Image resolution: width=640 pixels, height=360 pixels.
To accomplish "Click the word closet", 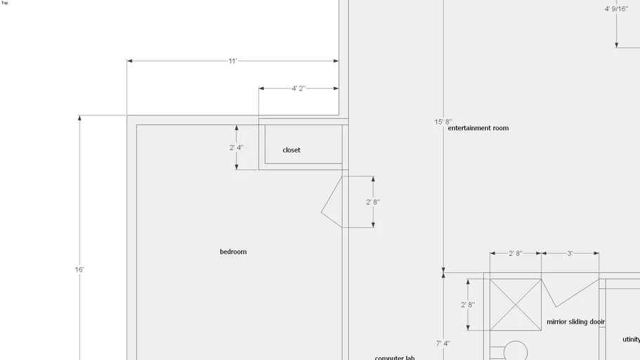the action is coord(291,150).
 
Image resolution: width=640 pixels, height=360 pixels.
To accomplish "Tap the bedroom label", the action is coord(233,252).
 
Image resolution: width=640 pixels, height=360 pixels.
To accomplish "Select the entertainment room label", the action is coord(478,128).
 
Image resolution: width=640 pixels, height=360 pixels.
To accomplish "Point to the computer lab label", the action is coord(395,357).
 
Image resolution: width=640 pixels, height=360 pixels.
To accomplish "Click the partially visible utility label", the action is coord(631,340).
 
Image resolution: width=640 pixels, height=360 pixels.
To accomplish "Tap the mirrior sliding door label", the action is coord(575,321).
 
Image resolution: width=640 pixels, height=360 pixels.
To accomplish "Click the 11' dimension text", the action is coord(233,61).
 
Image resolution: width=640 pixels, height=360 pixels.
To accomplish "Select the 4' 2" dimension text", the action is coord(298,89).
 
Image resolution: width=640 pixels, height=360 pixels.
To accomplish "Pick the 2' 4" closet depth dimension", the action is coord(236,148).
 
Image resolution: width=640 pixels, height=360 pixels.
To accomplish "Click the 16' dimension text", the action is coord(79,269).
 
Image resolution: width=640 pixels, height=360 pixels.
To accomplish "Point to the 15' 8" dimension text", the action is coord(443,122).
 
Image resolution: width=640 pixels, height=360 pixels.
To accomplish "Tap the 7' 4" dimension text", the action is coord(443,344).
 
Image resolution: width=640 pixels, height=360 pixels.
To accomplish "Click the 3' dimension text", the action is coord(570,253).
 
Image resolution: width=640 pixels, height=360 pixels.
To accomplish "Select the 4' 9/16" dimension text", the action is coord(616,9).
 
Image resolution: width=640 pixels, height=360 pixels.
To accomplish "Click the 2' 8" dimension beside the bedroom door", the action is coord(373,202).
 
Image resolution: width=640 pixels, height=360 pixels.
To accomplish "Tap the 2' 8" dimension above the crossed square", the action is coord(516,253).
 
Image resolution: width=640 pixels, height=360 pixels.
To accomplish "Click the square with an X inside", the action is coord(516,304).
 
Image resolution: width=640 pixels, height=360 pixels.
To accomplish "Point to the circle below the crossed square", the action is coord(516,351).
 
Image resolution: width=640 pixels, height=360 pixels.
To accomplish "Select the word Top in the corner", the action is coord(5,3).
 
